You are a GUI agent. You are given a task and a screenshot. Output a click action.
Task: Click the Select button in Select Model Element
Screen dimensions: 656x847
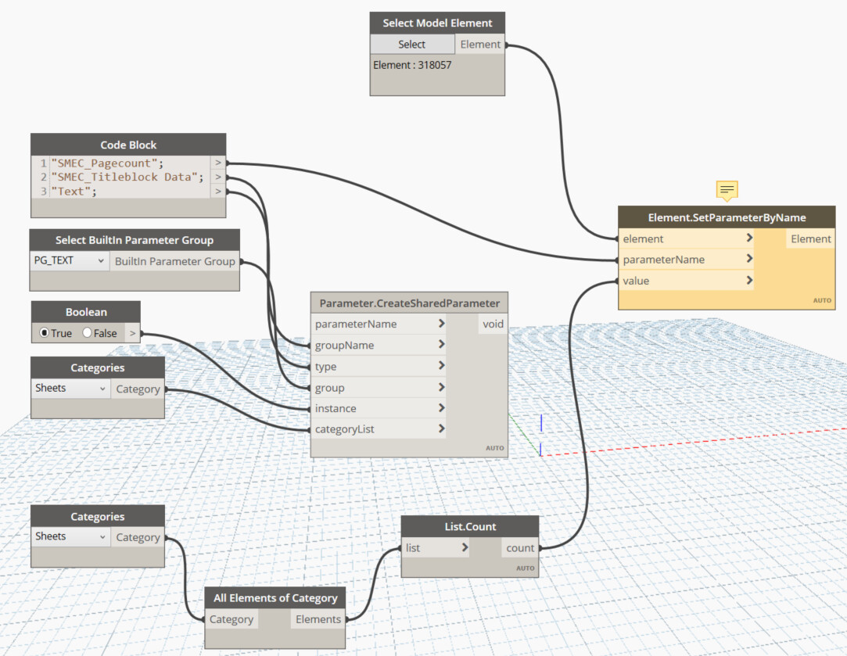[x=411, y=45]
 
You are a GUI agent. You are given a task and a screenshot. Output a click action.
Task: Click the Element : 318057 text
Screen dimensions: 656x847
[x=412, y=65]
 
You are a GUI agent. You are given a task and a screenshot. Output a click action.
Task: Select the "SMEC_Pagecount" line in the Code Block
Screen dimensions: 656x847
[x=107, y=163]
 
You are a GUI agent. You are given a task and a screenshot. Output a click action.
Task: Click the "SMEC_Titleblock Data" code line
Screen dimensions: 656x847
[x=127, y=177]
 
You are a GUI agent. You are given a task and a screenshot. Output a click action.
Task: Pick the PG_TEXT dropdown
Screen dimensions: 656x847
[x=70, y=261]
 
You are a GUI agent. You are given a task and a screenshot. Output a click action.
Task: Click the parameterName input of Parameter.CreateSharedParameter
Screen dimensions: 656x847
[x=379, y=324]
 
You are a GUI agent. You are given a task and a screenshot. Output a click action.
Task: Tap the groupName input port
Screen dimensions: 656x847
[x=379, y=345]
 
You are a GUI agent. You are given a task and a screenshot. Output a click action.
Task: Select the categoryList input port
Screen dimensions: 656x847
[x=379, y=429]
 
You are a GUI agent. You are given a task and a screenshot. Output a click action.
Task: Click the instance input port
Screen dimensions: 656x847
[x=379, y=408]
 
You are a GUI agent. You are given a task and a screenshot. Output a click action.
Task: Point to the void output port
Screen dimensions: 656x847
[x=493, y=324]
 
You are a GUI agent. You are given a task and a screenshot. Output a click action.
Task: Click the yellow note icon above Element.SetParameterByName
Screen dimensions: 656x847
[x=727, y=190]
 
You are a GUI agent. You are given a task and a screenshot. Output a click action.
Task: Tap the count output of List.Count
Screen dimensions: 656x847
[x=519, y=548]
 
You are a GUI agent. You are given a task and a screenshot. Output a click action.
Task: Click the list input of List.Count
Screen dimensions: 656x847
[x=435, y=548]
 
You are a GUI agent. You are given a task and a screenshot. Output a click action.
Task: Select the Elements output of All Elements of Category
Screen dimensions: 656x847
[x=318, y=619]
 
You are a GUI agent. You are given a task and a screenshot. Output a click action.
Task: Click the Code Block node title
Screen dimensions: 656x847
[x=128, y=145]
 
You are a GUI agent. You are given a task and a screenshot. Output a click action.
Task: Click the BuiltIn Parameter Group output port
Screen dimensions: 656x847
[x=174, y=261]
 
